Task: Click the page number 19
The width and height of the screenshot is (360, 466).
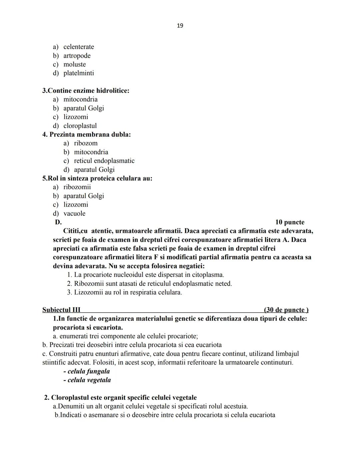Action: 180,26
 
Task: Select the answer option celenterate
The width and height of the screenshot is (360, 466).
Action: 79,47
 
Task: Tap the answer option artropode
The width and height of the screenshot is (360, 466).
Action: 77,56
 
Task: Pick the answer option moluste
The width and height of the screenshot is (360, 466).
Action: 75,64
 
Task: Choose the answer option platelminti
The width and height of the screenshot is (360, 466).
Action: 79,73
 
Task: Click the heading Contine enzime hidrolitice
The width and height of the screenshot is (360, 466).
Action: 86,90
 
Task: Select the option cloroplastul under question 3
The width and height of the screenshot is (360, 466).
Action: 80,126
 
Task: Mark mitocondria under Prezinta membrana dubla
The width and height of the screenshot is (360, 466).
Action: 91,152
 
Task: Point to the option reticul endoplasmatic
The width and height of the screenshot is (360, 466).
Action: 104,161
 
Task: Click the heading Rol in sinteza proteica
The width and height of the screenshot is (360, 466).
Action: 97,178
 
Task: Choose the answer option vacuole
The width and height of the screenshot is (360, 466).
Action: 74,213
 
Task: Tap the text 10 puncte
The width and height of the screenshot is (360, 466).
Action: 290,222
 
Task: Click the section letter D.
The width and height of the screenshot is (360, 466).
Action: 58,222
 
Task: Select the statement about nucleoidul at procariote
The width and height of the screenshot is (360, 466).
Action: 149,275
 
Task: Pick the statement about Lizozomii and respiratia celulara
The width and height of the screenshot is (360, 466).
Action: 128,293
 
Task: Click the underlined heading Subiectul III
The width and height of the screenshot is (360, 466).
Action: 61,310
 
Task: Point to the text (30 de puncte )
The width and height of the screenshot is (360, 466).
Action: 286,310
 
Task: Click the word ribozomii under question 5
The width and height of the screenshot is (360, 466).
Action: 77,187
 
